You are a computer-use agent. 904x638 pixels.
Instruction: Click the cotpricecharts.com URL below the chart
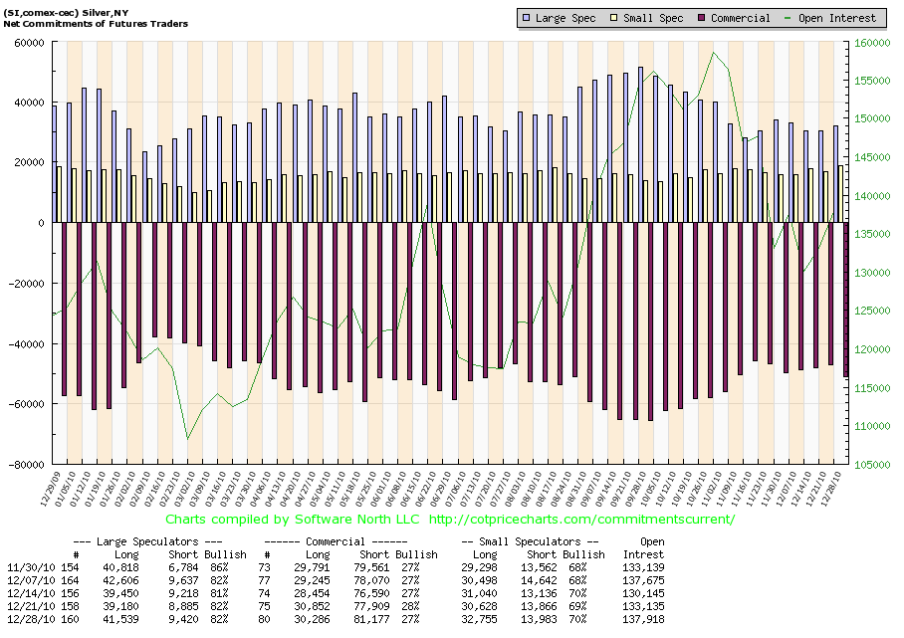point(581,520)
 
